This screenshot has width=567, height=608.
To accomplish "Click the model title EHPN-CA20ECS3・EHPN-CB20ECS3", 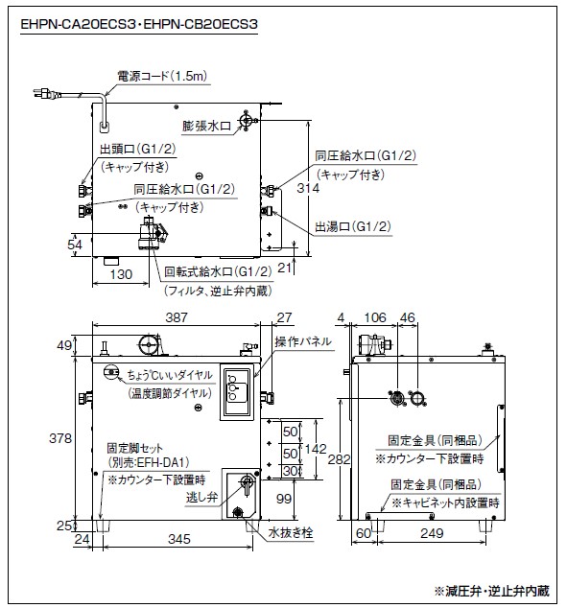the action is (x=139, y=24).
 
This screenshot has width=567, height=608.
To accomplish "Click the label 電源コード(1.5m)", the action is (x=162, y=76).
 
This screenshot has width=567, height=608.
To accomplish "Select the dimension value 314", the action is (x=308, y=188).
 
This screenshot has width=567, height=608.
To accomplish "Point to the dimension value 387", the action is (x=177, y=317).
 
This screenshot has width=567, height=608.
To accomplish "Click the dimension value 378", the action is (x=60, y=438).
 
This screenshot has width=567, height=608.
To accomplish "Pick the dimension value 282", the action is (x=339, y=459).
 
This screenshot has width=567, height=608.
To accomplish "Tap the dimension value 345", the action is (x=179, y=539).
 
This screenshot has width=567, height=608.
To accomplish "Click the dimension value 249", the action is (x=432, y=533).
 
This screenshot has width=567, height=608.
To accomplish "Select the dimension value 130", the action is (x=121, y=274).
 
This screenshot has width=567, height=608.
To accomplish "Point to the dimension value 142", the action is (x=316, y=449).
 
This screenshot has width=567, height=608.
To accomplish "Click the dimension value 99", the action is (x=284, y=499).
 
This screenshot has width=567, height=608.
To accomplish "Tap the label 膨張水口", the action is (x=206, y=126).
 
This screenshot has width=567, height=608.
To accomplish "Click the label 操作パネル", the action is (x=303, y=341).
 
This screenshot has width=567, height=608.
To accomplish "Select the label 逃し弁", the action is (x=201, y=497).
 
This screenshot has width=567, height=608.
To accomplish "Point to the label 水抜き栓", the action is (x=291, y=532).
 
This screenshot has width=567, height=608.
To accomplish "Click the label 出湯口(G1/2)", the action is (x=353, y=226).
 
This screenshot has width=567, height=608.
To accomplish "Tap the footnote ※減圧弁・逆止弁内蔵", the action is (x=492, y=591).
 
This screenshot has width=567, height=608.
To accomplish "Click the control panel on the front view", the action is (x=237, y=391).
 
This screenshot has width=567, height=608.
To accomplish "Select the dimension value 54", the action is (x=75, y=245).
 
